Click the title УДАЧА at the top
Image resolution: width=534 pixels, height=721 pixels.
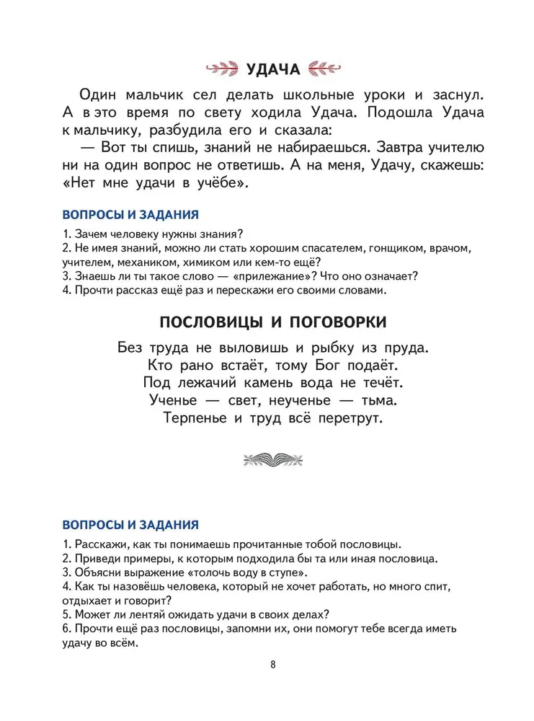point(272,70)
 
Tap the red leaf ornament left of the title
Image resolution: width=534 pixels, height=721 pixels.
point(224,70)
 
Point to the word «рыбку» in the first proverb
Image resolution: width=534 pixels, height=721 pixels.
point(324,347)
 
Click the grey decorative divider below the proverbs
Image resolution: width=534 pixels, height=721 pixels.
point(272,459)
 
